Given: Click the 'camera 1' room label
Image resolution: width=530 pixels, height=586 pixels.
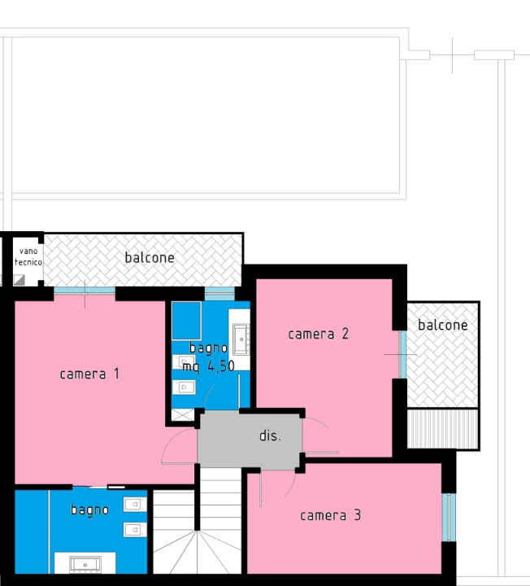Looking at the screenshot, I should coord(89,374).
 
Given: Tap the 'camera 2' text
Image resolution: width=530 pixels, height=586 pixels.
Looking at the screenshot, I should coord(319,334).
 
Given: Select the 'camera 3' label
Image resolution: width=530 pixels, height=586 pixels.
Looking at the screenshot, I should coord(330,515).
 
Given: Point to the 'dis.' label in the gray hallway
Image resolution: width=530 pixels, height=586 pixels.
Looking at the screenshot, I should coord(270,436).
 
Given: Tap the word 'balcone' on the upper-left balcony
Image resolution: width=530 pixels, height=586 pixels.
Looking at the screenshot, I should coord(150,258).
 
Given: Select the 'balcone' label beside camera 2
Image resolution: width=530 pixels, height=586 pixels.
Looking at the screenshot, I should coord(442,326).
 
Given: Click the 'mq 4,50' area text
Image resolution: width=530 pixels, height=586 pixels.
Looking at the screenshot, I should coord(208,366).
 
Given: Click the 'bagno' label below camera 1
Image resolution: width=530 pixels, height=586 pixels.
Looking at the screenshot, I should coord(89,510).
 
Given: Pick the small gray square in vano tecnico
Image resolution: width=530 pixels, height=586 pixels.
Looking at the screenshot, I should coord(20,280).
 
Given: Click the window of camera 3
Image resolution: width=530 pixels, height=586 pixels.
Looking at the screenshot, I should coord(446,517).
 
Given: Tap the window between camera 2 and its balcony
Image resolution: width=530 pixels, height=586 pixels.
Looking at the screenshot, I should coord(402,354).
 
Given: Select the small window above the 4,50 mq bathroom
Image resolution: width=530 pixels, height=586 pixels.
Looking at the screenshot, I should coord(218,294).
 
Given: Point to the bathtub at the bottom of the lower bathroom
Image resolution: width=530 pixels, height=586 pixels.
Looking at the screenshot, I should coord(85,563).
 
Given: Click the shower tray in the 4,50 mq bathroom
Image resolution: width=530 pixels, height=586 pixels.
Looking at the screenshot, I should coord(187,319).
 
